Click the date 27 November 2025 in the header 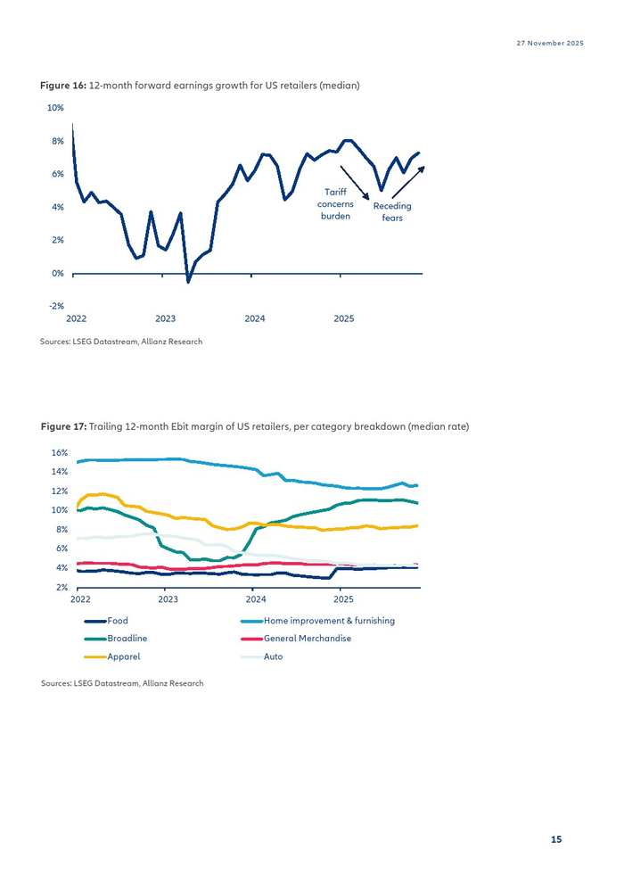click(550, 44)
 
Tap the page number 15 click(556, 839)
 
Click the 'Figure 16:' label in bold click(63, 86)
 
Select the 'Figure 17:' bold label click(63, 426)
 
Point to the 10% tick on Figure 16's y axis click(55, 108)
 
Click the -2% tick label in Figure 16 click(56, 306)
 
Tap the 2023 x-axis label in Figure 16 click(166, 318)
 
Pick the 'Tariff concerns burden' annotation click(335, 204)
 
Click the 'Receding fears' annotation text click(392, 211)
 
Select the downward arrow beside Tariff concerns click(355, 183)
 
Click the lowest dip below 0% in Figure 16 click(188, 281)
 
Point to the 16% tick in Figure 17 click(60, 453)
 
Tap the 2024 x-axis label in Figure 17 click(256, 599)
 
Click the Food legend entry click(106, 621)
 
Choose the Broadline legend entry click(115, 639)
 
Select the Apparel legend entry click(112, 656)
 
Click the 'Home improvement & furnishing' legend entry click(318, 621)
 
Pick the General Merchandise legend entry click(296, 639)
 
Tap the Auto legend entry click(262, 656)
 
